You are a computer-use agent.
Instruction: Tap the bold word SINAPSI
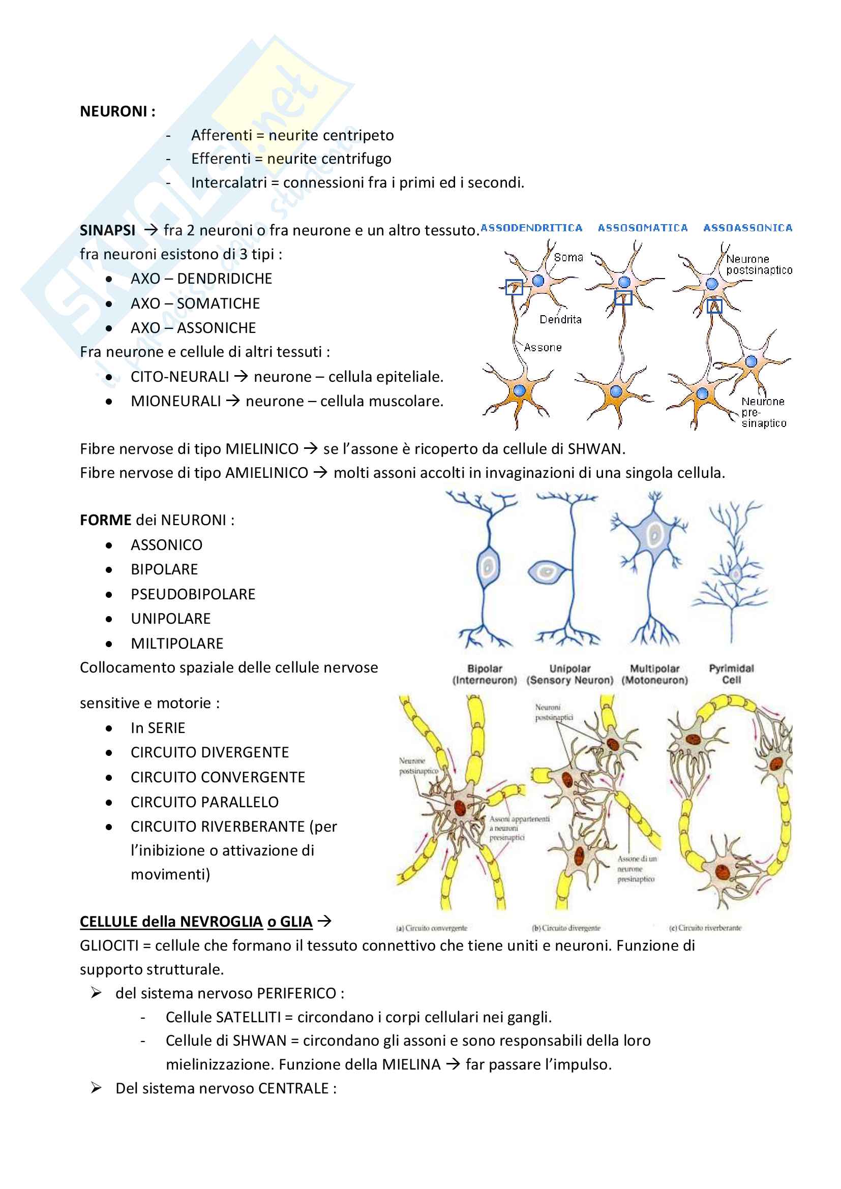107,230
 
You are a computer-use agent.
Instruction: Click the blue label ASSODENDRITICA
531,228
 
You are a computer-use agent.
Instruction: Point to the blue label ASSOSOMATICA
643,228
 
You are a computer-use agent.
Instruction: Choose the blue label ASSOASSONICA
747,228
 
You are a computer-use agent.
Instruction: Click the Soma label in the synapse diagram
568,257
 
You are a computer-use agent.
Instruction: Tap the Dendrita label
560,320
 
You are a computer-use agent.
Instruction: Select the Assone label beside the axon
543,348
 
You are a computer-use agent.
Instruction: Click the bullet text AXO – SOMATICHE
195,303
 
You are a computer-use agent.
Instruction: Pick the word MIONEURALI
175,402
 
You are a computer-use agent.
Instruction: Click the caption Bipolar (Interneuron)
485,674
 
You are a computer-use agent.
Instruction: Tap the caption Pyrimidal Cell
731,674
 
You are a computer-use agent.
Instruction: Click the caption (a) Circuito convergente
431,928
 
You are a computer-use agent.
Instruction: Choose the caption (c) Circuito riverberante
705,928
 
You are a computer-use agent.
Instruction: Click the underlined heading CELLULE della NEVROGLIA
196,922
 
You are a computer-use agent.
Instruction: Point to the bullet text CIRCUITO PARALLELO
204,802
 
